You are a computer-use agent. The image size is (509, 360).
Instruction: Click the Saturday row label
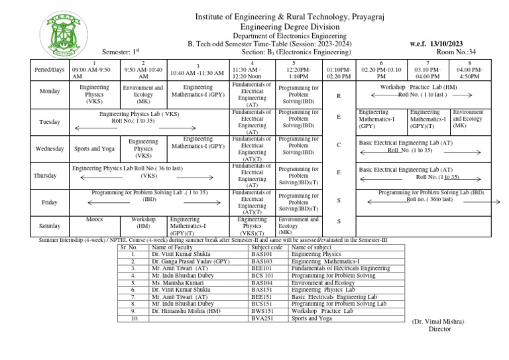(x=50, y=225)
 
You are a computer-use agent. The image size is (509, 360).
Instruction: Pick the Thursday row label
(x=50, y=176)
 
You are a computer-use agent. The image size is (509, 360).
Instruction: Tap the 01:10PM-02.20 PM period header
(x=339, y=72)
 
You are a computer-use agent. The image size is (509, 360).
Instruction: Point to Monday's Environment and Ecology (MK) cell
(x=143, y=94)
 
